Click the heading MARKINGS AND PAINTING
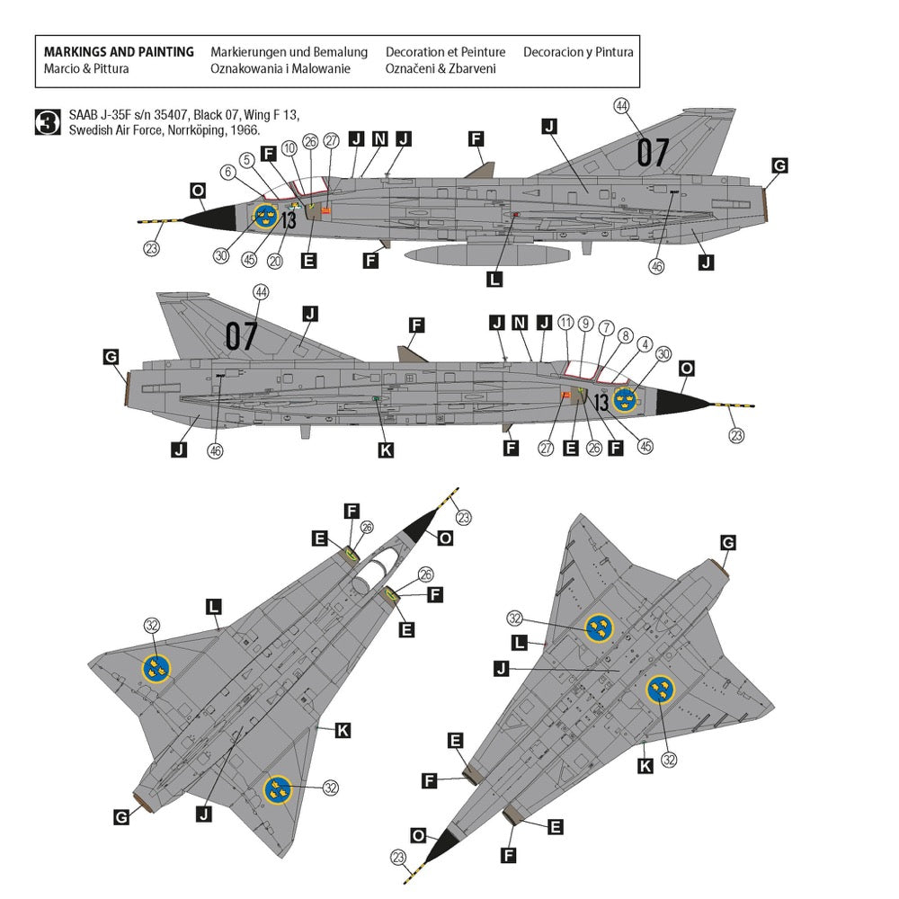(119, 52)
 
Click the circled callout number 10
(289, 148)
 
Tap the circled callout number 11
(565, 322)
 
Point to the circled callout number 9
(585, 322)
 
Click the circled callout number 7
(606, 328)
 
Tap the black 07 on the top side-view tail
(653, 153)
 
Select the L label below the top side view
(494, 279)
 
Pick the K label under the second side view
(386, 449)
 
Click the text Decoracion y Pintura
(578, 52)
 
